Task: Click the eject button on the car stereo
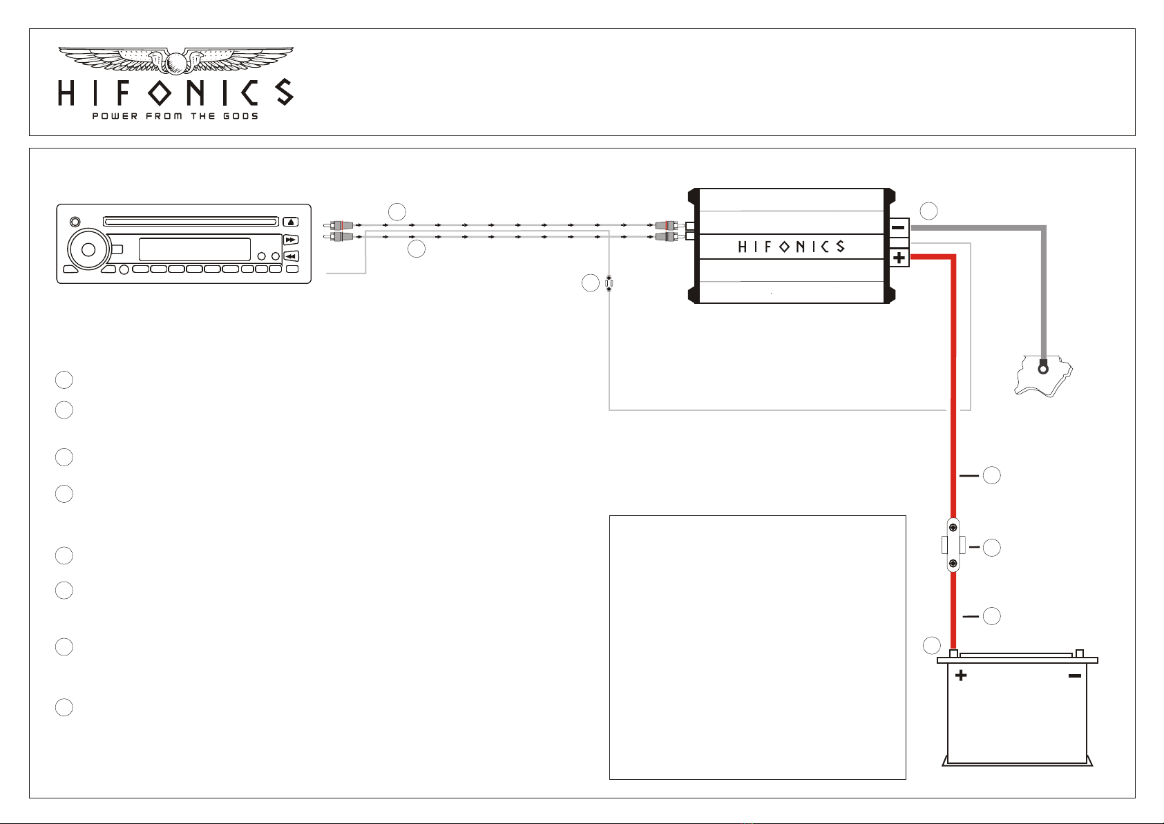point(290,222)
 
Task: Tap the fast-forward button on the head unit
point(290,240)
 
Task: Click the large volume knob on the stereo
point(88,250)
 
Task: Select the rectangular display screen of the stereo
point(195,249)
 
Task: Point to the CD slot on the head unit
point(191,222)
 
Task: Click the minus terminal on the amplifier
point(898,227)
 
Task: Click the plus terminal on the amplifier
point(899,258)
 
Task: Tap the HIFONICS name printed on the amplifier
point(792,247)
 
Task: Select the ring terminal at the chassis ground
point(1042,369)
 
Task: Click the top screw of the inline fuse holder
point(953,527)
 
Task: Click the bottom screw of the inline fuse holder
point(953,563)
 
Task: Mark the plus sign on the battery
point(961,676)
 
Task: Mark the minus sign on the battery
point(1075,676)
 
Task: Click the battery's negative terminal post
point(1079,653)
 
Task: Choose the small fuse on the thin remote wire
point(609,283)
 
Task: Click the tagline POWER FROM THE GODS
point(175,116)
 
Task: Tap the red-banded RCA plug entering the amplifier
point(666,225)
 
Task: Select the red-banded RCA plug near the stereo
point(338,225)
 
